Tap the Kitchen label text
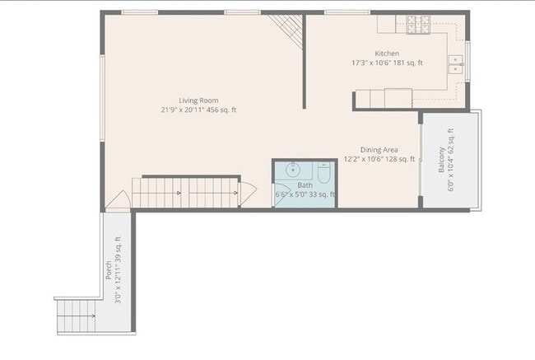pos(387,54)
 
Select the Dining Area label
pos(379,150)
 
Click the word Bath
pos(305,185)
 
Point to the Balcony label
pos(441,157)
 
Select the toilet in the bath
pos(323,174)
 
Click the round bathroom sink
pos(291,171)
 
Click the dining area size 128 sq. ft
pos(400,159)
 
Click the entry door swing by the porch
pos(119,200)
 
